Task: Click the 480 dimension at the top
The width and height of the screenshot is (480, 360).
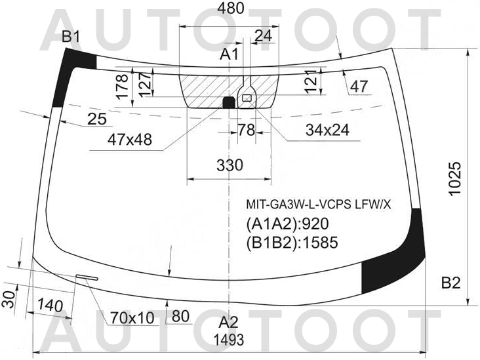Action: click(x=231, y=9)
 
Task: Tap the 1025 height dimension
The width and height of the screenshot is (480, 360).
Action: click(x=454, y=178)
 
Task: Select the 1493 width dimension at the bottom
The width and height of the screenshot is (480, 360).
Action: click(x=229, y=340)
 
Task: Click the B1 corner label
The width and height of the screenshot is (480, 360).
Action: click(x=71, y=37)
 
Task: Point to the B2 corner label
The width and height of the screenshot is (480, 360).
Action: click(x=450, y=283)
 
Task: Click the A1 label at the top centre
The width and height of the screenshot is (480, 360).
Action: click(x=230, y=54)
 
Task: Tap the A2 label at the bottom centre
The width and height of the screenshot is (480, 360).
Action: click(x=228, y=323)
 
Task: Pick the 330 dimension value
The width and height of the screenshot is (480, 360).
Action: click(x=230, y=165)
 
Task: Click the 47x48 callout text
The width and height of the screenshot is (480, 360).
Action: click(x=129, y=140)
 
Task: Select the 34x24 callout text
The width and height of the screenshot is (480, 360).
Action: click(x=327, y=130)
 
